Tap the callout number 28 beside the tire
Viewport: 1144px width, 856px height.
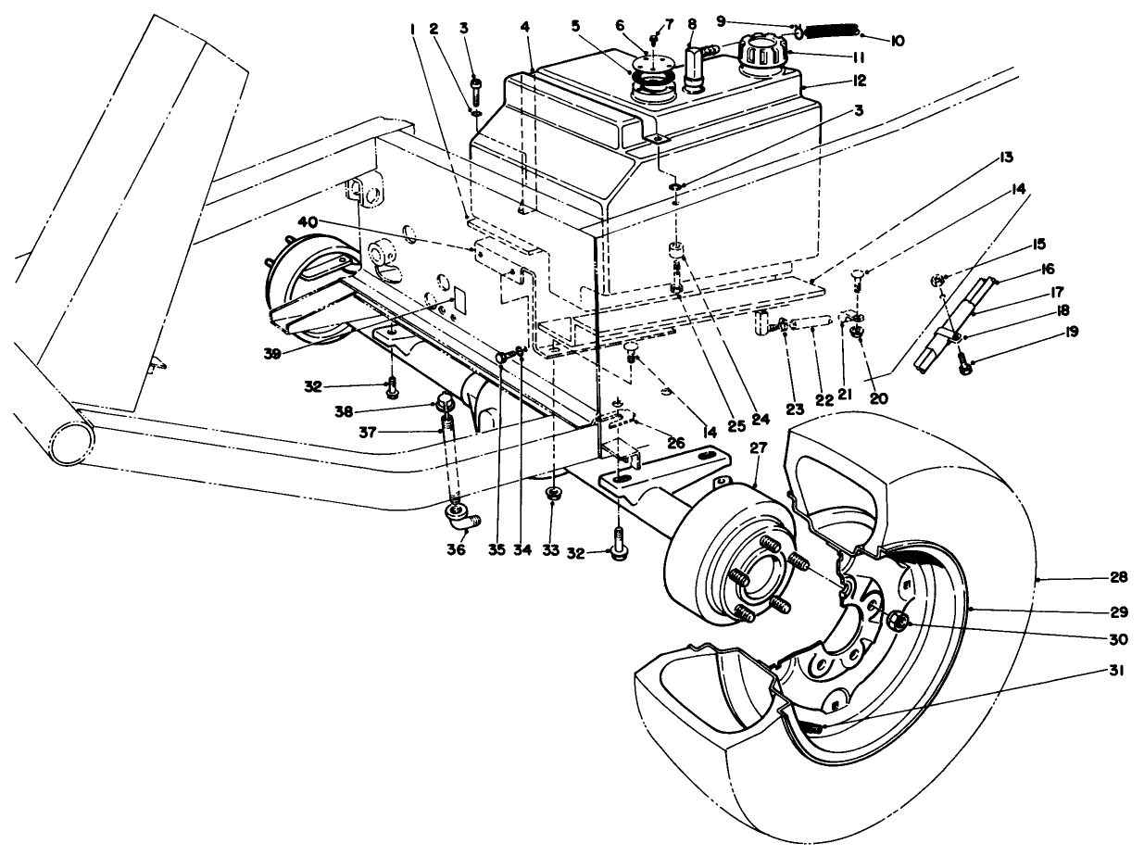click(x=1118, y=577)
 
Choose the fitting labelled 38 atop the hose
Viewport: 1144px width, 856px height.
click(x=444, y=402)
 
